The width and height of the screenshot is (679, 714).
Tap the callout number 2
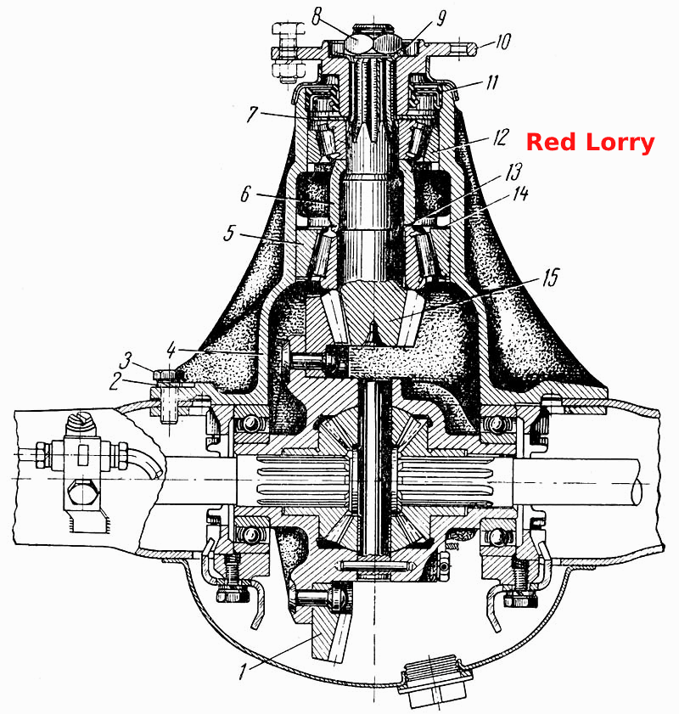point(115,381)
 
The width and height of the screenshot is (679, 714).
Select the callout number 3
point(125,361)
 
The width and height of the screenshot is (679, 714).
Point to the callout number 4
point(171,350)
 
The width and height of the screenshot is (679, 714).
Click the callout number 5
point(229,233)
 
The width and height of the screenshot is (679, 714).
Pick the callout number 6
point(245,194)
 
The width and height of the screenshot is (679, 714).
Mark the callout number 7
point(252,114)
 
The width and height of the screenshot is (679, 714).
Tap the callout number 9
point(441,19)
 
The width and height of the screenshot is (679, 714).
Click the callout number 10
point(502,42)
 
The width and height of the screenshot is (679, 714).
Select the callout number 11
point(492,83)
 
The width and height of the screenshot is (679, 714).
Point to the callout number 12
point(500,137)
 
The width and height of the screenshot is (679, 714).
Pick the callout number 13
point(513,172)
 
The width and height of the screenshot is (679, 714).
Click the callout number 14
point(520,194)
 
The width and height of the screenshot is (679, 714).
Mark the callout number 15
point(550,277)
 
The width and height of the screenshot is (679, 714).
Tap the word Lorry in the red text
point(620,143)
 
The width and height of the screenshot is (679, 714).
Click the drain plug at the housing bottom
point(435,679)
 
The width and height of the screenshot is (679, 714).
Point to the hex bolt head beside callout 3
point(168,374)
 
